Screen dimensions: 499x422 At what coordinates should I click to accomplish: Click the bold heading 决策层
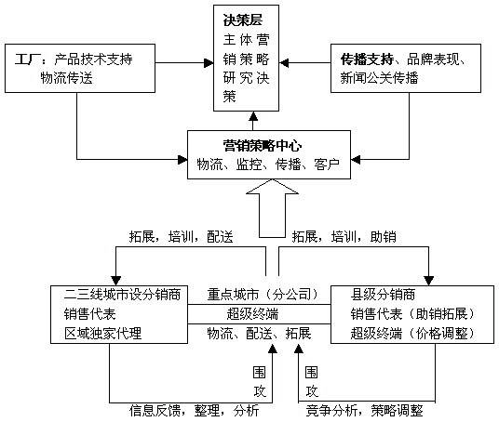(243, 20)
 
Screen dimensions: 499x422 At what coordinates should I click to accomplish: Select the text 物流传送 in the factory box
(66, 78)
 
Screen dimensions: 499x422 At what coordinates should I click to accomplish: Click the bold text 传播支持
(367, 59)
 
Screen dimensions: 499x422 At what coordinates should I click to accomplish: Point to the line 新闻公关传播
(379, 78)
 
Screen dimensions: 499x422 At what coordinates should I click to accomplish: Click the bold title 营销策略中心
(263, 146)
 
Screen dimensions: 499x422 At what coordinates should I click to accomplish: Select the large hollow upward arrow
(273, 208)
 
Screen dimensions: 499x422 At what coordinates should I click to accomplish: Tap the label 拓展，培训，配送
(182, 237)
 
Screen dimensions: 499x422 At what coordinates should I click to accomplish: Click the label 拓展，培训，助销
(344, 237)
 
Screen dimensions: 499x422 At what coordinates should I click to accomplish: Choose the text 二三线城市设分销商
(123, 295)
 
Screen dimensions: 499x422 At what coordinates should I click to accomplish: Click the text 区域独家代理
(102, 334)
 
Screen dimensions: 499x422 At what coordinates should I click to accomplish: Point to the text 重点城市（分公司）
(263, 295)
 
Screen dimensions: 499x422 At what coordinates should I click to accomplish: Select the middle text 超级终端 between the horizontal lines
(252, 314)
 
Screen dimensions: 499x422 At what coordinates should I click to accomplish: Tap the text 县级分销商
(383, 295)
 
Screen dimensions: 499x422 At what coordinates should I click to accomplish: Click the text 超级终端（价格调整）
(412, 334)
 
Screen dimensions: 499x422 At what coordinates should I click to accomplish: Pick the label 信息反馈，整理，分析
(195, 411)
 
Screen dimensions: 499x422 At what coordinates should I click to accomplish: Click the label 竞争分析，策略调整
(364, 411)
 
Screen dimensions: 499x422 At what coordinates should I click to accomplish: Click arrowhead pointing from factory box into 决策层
(209, 63)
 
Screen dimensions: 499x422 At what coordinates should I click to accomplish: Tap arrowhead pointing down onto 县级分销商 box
(428, 281)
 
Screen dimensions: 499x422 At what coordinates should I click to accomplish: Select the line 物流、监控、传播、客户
(268, 165)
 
